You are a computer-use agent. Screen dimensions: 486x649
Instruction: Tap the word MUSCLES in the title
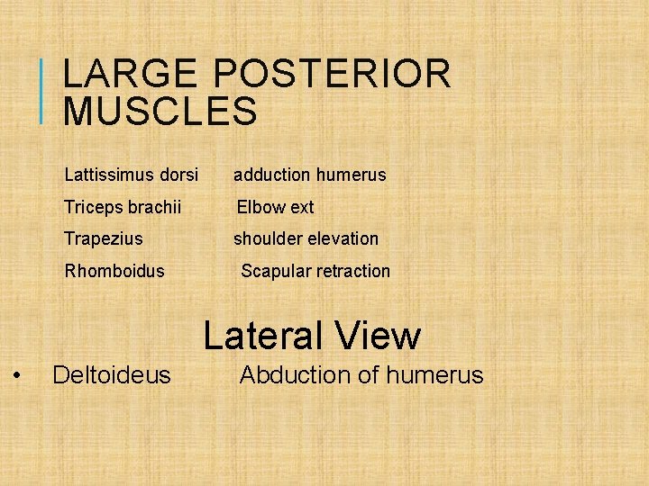160,112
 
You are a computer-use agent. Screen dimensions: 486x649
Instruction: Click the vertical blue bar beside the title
43,90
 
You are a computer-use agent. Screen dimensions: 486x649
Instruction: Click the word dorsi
177,175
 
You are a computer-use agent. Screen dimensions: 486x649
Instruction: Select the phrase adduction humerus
309,175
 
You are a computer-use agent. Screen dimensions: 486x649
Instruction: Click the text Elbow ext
275,207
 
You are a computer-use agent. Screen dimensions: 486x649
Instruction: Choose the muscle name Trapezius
103,238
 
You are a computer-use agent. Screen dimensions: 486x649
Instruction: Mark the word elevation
343,238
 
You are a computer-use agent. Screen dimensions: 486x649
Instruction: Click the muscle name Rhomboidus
114,271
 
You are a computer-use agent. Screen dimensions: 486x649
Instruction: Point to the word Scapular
276,271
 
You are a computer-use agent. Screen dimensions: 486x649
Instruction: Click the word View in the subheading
378,336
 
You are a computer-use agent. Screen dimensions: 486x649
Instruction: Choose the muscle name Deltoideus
112,374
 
